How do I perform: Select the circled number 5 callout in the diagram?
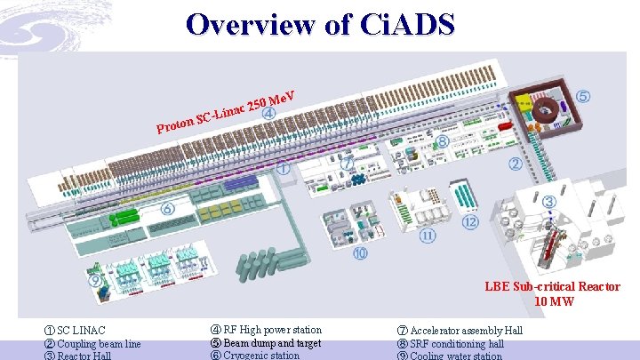(x=582, y=95)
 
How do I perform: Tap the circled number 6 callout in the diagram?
(x=167, y=210)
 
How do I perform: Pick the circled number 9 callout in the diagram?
(x=95, y=280)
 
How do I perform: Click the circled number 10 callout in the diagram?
(x=360, y=254)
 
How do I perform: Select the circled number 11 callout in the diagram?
(x=428, y=236)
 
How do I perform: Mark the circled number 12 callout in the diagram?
(x=470, y=221)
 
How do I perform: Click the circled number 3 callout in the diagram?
(x=549, y=203)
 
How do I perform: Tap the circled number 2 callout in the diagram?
(x=515, y=164)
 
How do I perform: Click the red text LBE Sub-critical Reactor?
(x=552, y=286)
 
